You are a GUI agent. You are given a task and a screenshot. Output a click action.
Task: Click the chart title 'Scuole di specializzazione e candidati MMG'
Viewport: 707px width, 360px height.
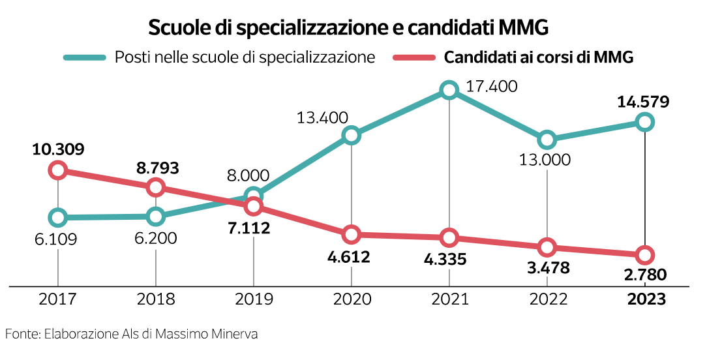[x=348, y=28]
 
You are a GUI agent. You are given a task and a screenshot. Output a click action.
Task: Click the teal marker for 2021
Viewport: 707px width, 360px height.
[x=449, y=91]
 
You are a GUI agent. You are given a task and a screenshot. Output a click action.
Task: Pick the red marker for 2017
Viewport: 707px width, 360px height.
[x=58, y=170]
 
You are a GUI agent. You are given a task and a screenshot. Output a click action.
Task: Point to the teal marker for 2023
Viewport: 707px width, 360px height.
[x=644, y=121]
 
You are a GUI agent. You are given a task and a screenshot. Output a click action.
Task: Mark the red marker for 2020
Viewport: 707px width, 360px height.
[x=352, y=234]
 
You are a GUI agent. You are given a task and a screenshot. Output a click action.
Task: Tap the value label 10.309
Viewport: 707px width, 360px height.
[x=58, y=149]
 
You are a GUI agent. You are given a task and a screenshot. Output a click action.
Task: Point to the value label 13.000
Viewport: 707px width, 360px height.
[x=547, y=160]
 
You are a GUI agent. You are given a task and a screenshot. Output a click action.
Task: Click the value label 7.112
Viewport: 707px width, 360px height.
[x=253, y=228]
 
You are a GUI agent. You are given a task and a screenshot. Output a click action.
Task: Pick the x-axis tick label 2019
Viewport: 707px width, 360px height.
[x=253, y=299]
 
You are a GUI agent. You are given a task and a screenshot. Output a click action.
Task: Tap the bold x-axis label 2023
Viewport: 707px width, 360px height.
[x=646, y=299]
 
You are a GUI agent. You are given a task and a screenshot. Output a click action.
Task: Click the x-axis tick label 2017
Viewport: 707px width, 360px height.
[x=58, y=299]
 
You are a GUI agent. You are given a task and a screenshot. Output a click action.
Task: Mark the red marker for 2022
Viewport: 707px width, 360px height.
[x=547, y=247]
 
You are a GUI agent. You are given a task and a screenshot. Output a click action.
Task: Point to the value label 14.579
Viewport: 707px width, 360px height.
[x=644, y=102]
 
